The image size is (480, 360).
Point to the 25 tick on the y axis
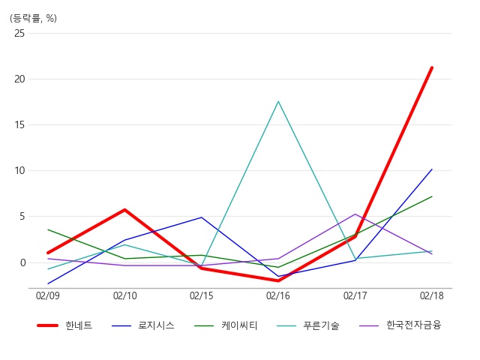19,33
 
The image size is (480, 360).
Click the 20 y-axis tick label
19,79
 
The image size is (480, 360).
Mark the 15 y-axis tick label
19,125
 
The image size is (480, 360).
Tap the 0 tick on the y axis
22,262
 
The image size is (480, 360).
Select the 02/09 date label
48,296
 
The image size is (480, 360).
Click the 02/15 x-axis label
202,296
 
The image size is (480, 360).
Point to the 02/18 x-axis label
432,296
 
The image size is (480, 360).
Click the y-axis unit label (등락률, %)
33,18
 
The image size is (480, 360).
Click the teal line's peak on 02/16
278,101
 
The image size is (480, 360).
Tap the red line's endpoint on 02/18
432,67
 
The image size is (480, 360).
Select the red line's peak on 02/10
125,210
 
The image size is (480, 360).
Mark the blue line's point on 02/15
202,217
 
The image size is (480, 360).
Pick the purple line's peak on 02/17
355,214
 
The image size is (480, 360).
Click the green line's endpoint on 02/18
432,196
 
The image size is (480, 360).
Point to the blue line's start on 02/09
48,283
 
